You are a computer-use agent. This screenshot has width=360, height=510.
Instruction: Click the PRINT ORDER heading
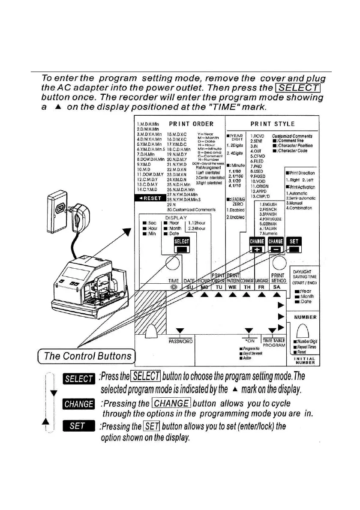point(191,124)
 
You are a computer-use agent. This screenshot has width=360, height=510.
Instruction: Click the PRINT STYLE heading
point(273,124)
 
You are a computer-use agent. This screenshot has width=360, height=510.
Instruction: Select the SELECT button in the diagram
point(182,246)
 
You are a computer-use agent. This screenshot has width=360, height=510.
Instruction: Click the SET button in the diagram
point(294,246)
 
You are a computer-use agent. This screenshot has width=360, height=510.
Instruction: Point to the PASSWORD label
point(180,341)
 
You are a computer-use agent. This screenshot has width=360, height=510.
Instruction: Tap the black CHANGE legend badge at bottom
point(78,404)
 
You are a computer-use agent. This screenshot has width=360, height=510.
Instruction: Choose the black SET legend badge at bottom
point(78,426)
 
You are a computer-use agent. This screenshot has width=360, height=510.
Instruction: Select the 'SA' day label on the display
point(277,286)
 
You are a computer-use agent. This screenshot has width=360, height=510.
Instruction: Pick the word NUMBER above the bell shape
point(305,317)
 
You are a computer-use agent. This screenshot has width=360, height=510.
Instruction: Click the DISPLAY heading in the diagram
point(176,217)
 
